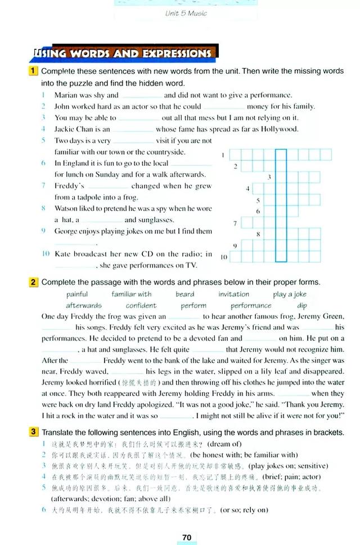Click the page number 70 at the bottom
pyautogui.click(x=187, y=538)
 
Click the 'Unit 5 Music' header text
pyautogui.click(x=186, y=13)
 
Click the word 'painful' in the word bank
pyautogui.click(x=77, y=294)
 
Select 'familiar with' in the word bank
pyautogui.click(x=132, y=294)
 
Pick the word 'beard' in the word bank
pyautogui.click(x=184, y=294)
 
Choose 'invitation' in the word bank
pyautogui.click(x=234, y=294)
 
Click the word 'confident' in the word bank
pyautogui.click(x=141, y=305)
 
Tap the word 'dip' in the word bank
pyautogui.click(x=302, y=305)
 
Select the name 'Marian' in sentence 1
pyautogui.click(x=67, y=95)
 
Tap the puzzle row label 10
pyautogui.click(x=224, y=257)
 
